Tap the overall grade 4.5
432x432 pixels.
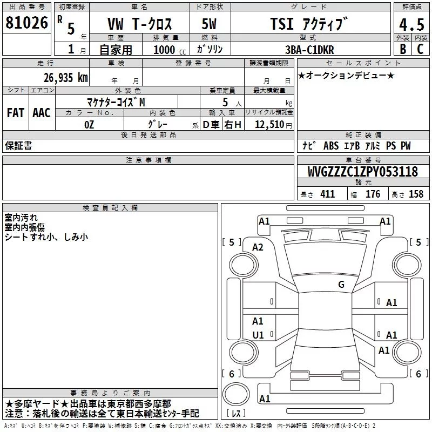tap(411, 25)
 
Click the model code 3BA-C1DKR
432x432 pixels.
tap(309, 50)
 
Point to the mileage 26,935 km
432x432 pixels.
tap(65, 77)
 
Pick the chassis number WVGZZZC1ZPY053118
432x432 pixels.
tap(363, 172)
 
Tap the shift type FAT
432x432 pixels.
tap(15, 113)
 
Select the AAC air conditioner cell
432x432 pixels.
tap(41, 113)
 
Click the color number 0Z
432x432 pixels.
tap(89, 125)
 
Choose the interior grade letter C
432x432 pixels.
tap(420, 49)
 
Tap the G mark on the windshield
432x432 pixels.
tap(341, 285)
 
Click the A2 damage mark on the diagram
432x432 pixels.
tap(258, 247)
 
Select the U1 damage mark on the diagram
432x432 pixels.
tap(258, 335)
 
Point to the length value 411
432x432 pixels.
tap(327, 194)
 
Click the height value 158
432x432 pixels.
tap(416, 194)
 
